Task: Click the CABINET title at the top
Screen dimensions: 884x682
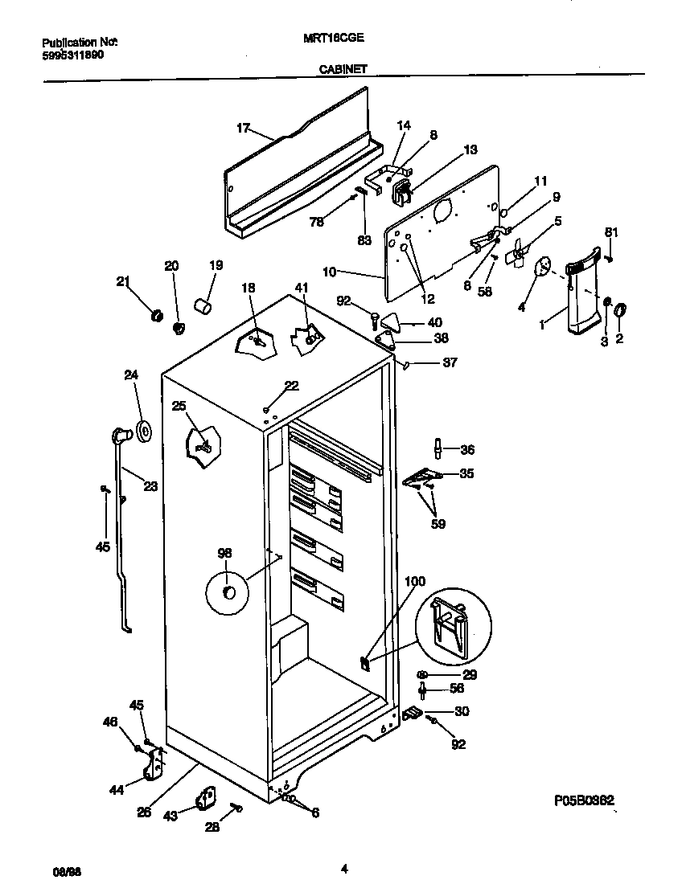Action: click(343, 69)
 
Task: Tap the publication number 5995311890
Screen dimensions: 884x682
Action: click(72, 55)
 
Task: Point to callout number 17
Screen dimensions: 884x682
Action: click(244, 127)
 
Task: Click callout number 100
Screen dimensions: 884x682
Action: click(415, 581)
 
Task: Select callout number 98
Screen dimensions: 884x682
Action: click(224, 552)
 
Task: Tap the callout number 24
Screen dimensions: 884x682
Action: click(131, 374)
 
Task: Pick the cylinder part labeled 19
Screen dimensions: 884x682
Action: click(204, 306)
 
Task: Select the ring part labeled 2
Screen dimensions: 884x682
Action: click(622, 309)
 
